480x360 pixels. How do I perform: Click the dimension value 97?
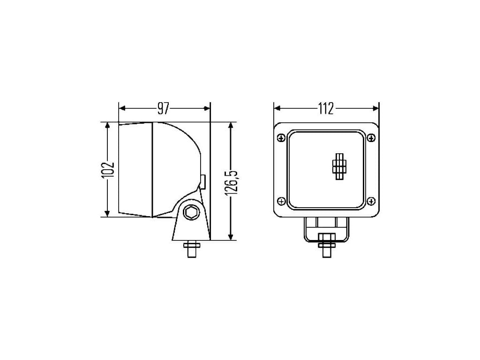click(163, 108)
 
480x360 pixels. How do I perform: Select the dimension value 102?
click(108, 169)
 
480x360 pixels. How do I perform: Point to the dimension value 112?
click(326, 108)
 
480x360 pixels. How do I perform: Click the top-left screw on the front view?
click(281, 138)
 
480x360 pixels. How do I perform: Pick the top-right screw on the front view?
click(371, 138)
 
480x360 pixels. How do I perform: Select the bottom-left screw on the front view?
click(281, 201)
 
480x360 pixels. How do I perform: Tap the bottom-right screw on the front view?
click(371, 201)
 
